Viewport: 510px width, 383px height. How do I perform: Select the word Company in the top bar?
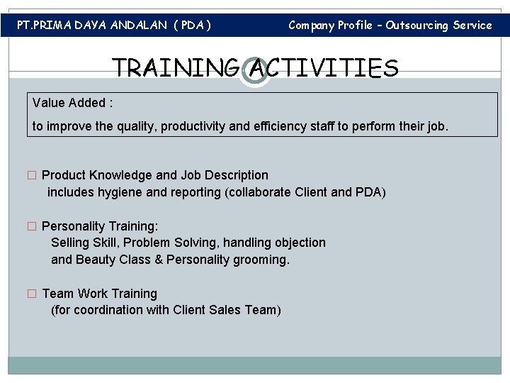tap(311, 26)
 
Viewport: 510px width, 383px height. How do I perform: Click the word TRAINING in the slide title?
tap(176, 69)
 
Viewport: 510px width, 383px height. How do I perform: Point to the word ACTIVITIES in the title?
tap(322, 69)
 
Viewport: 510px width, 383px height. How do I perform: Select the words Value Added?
tap(70, 103)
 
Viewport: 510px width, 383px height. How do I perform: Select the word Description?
tap(237, 175)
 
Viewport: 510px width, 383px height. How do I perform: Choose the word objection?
tap(301, 243)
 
